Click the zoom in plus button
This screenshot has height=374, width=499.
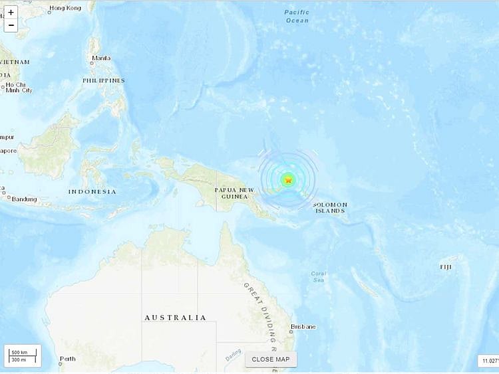[x=11, y=13]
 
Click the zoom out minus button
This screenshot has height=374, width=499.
[x=11, y=25]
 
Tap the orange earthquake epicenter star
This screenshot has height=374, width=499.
[x=288, y=179]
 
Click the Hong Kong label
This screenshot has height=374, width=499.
[x=65, y=8]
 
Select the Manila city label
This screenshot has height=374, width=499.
[x=101, y=58]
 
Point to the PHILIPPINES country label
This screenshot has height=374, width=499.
[x=103, y=80]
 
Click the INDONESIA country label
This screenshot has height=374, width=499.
[x=92, y=191]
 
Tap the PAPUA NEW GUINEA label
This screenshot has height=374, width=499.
[x=234, y=194]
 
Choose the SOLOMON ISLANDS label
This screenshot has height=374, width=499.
[x=330, y=207]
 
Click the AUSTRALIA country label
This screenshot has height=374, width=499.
[x=176, y=318]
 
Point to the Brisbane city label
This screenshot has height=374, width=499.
[x=302, y=327]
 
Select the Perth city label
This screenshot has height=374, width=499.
[x=67, y=359]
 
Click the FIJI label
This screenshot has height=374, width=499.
[x=445, y=266]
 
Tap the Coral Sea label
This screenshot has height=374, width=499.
[x=319, y=277]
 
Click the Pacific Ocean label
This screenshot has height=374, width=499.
[x=297, y=16]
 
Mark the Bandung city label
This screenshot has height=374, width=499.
[x=24, y=199]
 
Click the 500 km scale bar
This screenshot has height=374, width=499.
[x=20, y=352]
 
